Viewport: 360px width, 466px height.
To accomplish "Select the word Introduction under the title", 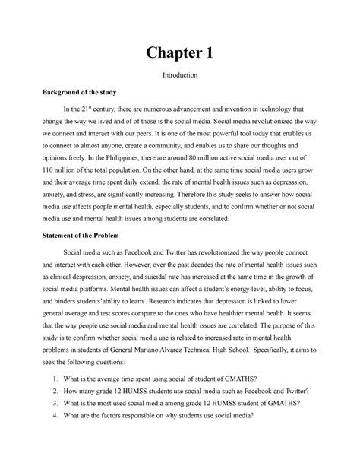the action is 180,76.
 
